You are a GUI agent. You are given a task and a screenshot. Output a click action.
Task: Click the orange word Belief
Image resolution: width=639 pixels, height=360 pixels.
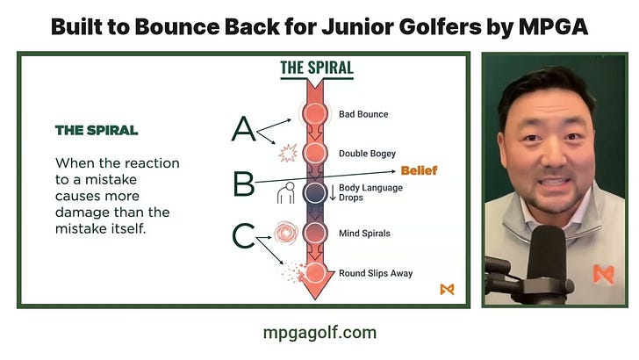click(x=419, y=170)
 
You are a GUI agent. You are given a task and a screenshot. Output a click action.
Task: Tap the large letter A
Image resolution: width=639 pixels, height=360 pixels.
click(x=243, y=130)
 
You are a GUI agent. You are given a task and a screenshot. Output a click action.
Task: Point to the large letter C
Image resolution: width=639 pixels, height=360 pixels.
click(x=244, y=234)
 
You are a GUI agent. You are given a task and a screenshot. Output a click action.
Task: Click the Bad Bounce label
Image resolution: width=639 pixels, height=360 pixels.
click(x=363, y=114)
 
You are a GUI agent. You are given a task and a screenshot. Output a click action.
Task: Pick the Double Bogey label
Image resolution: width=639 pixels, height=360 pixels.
click(x=366, y=154)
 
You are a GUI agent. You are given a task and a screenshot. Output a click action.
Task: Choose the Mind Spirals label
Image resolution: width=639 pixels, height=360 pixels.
click(x=364, y=234)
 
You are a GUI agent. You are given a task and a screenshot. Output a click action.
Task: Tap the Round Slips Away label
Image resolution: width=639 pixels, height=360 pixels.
click(x=376, y=273)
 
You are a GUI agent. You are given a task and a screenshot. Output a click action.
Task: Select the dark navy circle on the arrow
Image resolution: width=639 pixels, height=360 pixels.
click(x=314, y=193)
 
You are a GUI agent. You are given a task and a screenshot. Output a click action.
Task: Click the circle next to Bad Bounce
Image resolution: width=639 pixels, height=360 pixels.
click(x=314, y=113)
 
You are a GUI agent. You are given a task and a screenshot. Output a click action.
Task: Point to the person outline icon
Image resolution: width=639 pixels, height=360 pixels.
click(x=285, y=193)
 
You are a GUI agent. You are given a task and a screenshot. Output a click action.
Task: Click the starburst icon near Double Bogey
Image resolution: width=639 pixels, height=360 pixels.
click(x=286, y=155)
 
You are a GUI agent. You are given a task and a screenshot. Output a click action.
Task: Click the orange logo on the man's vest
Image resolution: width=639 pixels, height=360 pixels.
click(x=602, y=273)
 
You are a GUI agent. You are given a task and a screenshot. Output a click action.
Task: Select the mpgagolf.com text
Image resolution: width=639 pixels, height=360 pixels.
click(x=319, y=333)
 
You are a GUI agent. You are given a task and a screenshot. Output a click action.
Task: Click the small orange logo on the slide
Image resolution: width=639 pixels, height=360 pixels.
click(x=448, y=290)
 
